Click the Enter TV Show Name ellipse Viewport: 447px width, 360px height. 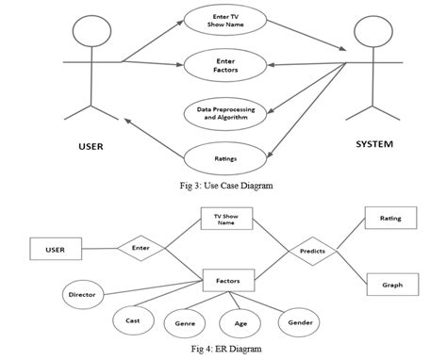pos(223,21)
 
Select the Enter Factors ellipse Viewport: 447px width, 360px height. pos(223,65)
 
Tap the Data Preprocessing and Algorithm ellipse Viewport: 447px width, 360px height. pos(223,113)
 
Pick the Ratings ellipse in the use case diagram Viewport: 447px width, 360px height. pos(223,158)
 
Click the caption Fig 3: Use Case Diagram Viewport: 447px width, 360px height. pos(223,187)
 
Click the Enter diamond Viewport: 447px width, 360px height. pos(141,249)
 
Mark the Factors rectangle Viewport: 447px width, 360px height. pos(227,280)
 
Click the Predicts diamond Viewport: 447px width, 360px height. pos(312,252)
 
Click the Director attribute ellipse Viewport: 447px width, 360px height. pos(82,295)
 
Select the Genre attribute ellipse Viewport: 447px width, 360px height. pos(185,323)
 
